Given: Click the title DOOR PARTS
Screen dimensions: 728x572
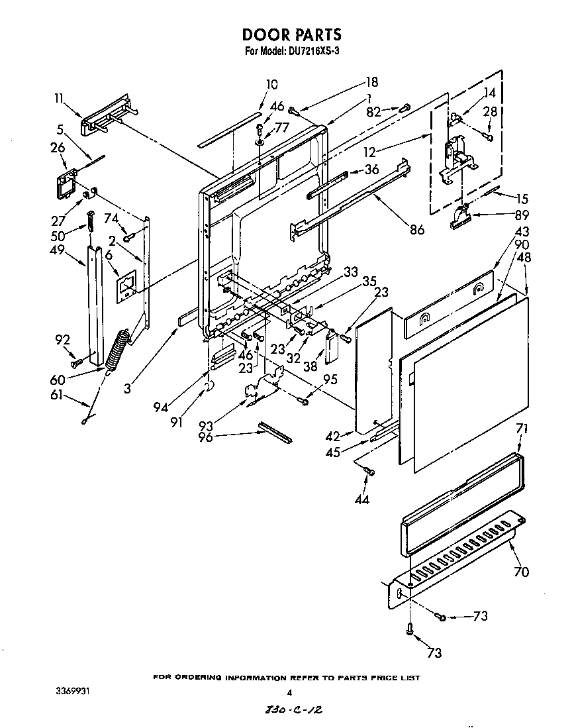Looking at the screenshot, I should [x=292, y=34].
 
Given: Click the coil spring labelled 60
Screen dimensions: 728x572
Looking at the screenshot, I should [x=118, y=348].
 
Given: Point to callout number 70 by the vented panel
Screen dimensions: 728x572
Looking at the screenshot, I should [x=521, y=572].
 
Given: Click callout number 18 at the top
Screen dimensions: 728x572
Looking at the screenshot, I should [x=371, y=82].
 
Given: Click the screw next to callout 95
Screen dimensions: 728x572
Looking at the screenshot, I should [x=304, y=400].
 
